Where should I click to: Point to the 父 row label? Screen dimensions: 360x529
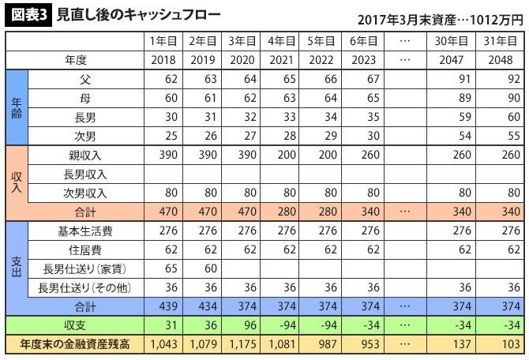pyautogui.click(x=85, y=79)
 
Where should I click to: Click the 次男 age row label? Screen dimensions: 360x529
pyautogui.click(x=85, y=135)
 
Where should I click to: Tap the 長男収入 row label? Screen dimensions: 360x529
pyautogui.click(x=85, y=174)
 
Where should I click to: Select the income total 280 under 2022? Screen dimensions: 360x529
pyautogui.click(x=323, y=212)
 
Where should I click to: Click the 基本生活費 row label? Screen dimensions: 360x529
pyautogui.click(x=85, y=231)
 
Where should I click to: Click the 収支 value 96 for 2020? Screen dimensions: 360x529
pyautogui.click(x=243, y=325)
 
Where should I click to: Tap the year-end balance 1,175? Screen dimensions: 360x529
pyautogui.click(x=243, y=345)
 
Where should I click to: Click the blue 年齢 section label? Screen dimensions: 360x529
pyautogui.click(x=16, y=107)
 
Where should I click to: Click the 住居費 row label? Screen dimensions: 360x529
pyautogui.click(x=85, y=249)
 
